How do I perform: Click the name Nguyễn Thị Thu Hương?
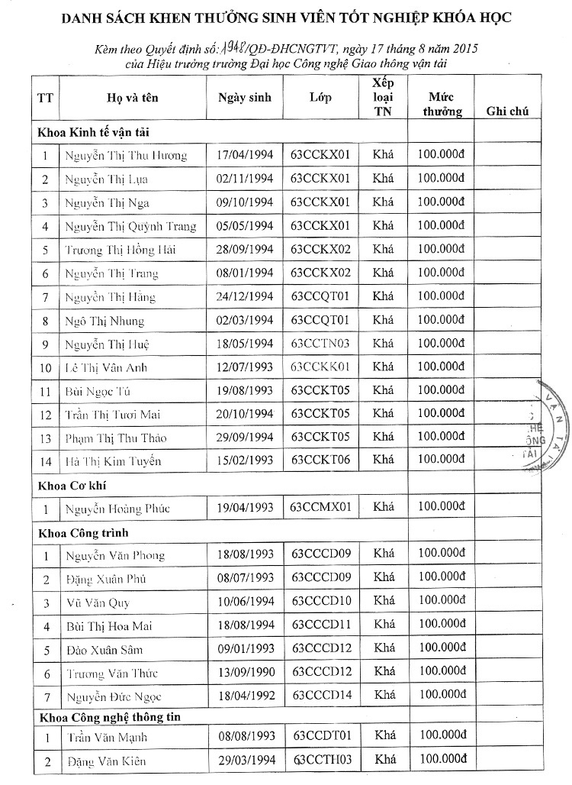tap(125, 156)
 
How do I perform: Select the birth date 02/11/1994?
tap(245, 179)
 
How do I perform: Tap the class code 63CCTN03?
tap(320, 344)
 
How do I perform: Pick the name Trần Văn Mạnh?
tap(106, 738)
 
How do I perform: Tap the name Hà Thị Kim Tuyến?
tap(113, 461)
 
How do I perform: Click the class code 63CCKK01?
tap(320, 367)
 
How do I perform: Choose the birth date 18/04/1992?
tap(245, 696)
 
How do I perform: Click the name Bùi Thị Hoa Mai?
tap(108, 626)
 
